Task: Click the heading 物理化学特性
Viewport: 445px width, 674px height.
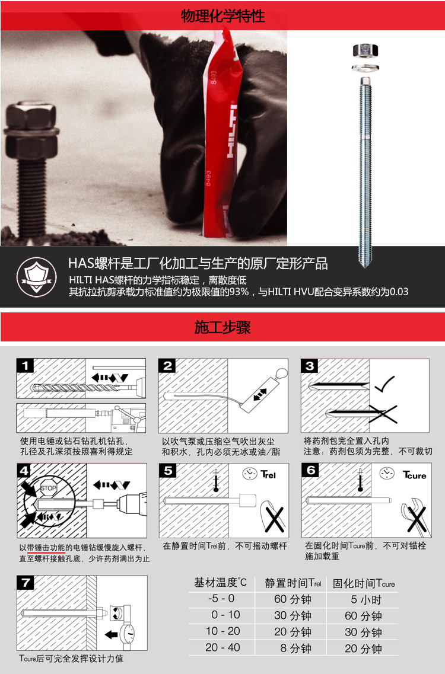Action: (223, 16)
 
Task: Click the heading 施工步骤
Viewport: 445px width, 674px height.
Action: (223, 327)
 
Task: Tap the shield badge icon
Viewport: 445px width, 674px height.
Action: (37, 277)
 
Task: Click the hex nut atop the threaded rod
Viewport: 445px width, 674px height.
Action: (365, 50)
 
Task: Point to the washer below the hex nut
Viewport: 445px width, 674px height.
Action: (365, 68)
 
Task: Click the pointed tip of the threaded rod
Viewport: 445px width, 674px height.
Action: (365, 266)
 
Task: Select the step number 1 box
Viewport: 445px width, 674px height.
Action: (25, 366)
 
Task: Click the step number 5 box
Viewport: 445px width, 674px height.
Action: (167, 471)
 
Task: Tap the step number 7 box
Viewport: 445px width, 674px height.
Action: (26, 583)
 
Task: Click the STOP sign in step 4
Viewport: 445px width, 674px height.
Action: (48, 488)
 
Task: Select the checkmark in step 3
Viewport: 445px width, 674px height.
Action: (384, 384)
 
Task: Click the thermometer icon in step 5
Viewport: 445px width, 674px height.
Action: (216, 481)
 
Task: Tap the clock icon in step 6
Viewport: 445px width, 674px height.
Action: (386, 473)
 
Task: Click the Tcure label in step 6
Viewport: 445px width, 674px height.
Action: (415, 475)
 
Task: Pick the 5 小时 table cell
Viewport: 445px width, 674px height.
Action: (366, 599)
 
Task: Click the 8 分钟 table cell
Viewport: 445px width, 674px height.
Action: (295, 648)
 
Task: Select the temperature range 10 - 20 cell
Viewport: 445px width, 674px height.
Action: (223, 631)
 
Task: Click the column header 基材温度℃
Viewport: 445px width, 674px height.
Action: (220, 583)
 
